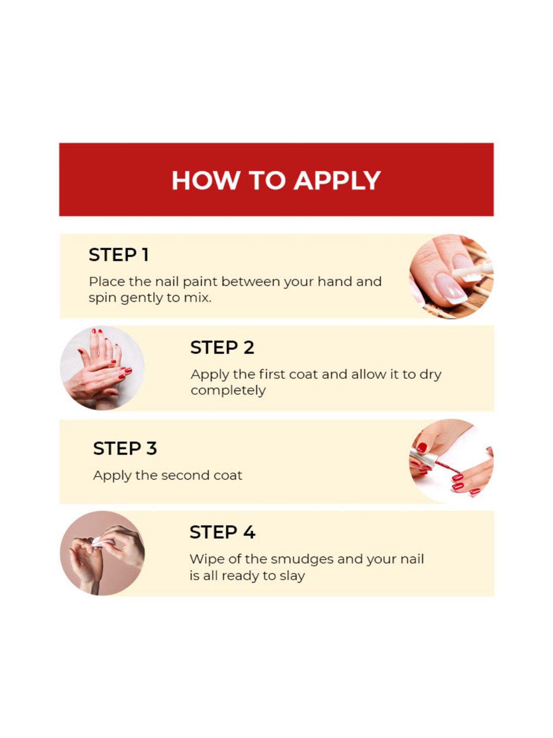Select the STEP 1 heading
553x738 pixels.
pyautogui.click(x=119, y=255)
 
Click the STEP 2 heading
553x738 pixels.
pyautogui.click(x=222, y=347)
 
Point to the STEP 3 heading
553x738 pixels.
pyautogui.click(x=125, y=448)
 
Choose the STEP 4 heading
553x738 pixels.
pyautogui.click(x=222, y=532)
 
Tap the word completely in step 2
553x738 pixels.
pyautogui.click(x=228, y=391)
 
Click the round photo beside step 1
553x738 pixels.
pyautogui.click(x=452, y=276)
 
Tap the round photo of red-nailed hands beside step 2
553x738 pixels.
pyautogui.click(x=102, y=368)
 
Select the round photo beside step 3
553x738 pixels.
pyautogui.click(x=452, y=461)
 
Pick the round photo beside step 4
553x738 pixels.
pyautogui.click(x=102, y=553)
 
